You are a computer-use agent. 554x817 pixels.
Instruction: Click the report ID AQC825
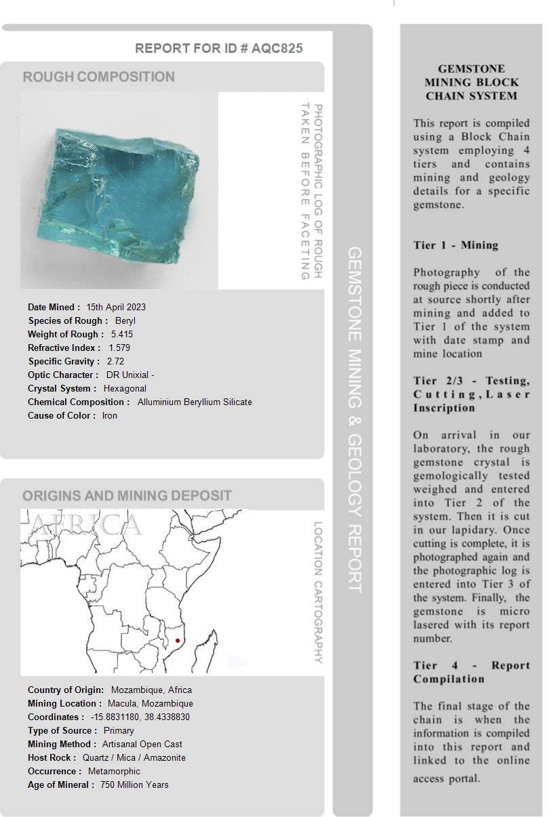277,48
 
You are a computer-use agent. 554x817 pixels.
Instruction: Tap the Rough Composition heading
98,77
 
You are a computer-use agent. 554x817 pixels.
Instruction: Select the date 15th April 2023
116,307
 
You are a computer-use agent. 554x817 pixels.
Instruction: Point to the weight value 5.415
122,334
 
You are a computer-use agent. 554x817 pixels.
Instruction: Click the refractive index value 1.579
119,348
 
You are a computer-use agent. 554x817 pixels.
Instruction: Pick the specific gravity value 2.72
115,361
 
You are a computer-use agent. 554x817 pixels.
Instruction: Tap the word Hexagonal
125,388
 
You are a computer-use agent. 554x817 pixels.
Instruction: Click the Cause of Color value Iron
110,415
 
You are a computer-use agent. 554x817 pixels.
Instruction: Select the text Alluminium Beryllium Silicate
195,402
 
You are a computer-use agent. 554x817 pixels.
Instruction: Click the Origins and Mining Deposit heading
127,495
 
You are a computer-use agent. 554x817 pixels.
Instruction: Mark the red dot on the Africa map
178,641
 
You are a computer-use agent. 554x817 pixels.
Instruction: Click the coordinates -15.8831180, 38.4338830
140,717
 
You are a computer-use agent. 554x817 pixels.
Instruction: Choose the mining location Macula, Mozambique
151,703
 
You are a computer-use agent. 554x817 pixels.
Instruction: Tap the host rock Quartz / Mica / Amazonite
134,757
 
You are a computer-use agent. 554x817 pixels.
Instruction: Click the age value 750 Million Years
134,784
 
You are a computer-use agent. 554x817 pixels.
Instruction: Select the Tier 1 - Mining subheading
456,245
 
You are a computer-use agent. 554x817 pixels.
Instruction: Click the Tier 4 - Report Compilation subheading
471,672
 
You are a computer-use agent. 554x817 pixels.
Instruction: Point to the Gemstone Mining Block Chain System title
471,82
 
